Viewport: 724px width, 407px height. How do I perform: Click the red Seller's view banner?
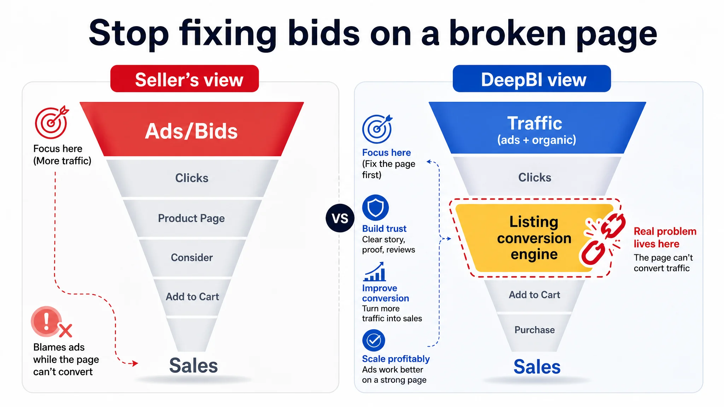(185, 79)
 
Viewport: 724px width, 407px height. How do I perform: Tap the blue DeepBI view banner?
(532, 79)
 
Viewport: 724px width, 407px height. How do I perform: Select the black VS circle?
(340, 218)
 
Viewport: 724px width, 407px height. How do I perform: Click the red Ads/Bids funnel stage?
(192, 129)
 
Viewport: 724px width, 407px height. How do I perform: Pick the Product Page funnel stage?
(192, 218)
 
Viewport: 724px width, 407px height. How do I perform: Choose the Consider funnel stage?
(192, 258)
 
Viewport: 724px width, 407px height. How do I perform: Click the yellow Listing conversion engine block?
(534, 238)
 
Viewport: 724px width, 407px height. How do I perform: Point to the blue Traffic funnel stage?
(537, 128)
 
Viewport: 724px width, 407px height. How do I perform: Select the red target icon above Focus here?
(52, 122)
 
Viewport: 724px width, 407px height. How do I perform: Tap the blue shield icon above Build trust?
(375, 208)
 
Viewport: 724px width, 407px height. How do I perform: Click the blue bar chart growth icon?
(374, 271)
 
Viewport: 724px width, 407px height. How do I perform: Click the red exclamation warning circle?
(46, 321)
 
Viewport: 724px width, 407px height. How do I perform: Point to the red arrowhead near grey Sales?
(134, 363)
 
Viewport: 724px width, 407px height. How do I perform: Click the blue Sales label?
(537, 367)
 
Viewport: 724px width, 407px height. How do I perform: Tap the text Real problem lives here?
(665, 237)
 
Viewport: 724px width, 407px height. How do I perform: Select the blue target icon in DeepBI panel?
(377, 129)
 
